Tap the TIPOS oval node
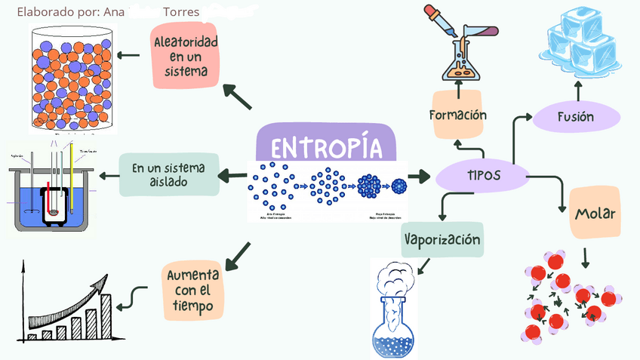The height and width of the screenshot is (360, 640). pos(480,176)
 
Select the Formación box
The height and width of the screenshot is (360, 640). pos(457,115)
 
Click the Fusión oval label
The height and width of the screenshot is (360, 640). pos(576,117)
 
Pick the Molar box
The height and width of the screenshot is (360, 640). pos(595,214)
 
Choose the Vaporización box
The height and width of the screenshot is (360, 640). pos(442,240)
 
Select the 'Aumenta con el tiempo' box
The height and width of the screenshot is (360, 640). pos(192,291)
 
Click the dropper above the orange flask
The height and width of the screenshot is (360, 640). pos(437,19)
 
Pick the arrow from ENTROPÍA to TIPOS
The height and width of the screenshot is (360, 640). pos(417,177)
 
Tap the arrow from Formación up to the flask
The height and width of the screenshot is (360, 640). pos(457,89)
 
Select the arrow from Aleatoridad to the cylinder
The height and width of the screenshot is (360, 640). pos(130,54)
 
